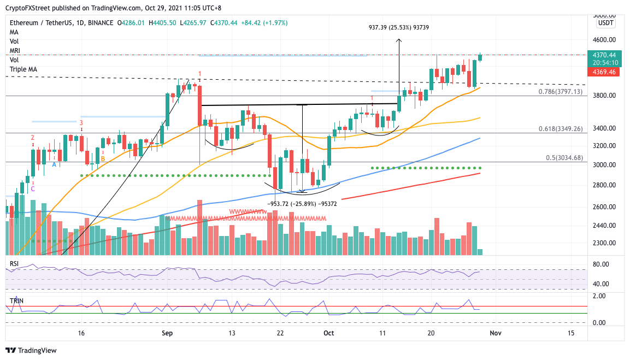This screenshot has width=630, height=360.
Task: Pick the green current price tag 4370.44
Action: coord(608,55)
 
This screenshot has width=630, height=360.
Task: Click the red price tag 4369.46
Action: coord(608,72)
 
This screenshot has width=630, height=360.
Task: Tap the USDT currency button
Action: coord(605,23)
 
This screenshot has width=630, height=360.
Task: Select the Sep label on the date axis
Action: coord(167,333)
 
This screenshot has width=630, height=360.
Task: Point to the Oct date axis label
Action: coord(328,333)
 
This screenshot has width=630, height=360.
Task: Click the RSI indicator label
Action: coord(15,263)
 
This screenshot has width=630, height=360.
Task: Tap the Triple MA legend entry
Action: coord(23,69)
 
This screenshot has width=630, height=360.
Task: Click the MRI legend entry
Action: coord(15,51)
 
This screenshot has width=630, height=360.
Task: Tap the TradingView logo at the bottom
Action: coord(31,350)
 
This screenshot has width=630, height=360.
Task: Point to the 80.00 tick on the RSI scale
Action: coord(601,265)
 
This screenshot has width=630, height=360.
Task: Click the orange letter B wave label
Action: coord(102,159)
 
